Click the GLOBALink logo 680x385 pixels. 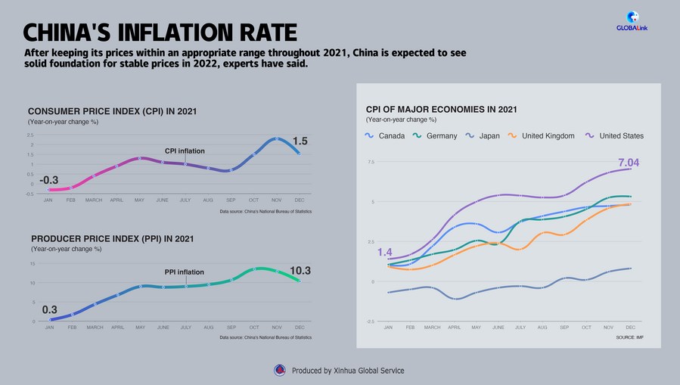[x=633, y=21]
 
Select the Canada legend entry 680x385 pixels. [x=386, y=136]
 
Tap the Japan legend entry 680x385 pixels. [x=482, y=136]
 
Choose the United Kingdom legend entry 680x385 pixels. [x=541, y=136]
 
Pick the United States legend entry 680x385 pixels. [x=614, y=136]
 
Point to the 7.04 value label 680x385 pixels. [x=629, y=163]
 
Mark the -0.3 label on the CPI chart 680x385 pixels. [x=49, y=179]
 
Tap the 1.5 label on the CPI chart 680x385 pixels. [x=300, y=141]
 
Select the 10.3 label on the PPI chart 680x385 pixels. [x=300, y=270]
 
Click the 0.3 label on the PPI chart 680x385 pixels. [x=49, y=309]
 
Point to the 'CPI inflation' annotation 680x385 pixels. [x=185, y=151]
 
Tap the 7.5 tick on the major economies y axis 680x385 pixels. [x=371, y=162]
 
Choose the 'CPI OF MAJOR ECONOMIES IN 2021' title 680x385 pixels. [x=441, y=110]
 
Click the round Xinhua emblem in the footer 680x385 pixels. [x=279, y=370]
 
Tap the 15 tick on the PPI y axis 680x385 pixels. [x=33, y=264]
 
